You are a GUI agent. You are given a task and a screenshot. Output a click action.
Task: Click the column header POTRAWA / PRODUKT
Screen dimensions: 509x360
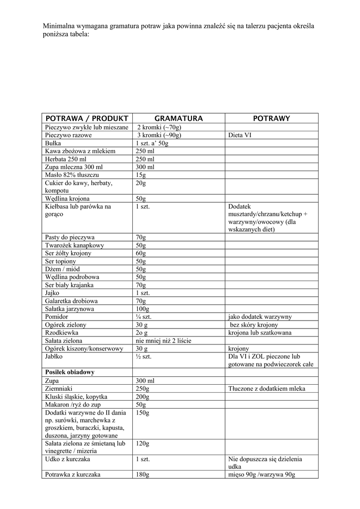point(87,118)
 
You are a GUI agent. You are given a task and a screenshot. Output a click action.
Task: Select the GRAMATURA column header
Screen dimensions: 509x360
point(179,118)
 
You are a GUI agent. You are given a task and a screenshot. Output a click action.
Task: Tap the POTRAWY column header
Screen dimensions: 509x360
point(271,118)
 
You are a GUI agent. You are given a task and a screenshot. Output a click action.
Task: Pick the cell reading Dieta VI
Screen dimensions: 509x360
point(240,135)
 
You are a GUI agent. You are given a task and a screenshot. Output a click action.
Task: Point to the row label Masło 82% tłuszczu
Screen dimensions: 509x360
point(72,175)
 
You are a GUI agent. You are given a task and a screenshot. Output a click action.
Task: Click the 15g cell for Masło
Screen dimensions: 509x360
point(140,175)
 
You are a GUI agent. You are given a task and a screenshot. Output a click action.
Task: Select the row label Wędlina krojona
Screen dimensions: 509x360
point(67,199)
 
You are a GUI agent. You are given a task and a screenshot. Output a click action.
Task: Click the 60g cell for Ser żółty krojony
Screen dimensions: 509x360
point(141,254)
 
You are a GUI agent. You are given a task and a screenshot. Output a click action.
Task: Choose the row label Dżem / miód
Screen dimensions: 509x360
point(62,269)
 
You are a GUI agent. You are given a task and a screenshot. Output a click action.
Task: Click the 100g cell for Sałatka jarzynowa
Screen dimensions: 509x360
point(142,309)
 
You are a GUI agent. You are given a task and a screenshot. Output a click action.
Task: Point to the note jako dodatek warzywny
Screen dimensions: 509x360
point(260,317)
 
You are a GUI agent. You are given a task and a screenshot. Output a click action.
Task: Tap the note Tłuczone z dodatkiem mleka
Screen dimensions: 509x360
point(267,389)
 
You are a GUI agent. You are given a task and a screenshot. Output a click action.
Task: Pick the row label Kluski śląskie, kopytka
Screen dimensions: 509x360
point(76,397)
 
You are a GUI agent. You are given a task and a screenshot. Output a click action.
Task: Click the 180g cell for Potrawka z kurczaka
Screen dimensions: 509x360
point(142,475)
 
